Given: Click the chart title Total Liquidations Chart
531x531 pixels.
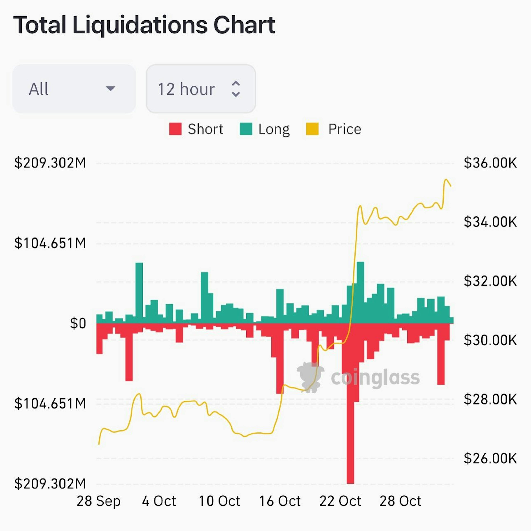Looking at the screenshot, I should click(x=144, y=25).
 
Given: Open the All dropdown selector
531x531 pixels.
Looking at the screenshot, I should click(x=74, y=89).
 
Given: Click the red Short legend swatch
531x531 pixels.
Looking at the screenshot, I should click(x=175, y=129).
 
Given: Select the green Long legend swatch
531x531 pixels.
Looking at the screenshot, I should click(x=246, y=129).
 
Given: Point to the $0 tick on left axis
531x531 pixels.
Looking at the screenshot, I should click(x=78, y=323).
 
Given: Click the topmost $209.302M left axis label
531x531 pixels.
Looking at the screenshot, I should click(x=50, y=163).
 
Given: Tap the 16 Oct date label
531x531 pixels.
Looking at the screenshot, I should click(x=280, y=501).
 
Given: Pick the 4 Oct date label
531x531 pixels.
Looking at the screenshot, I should click(x=159, y=501).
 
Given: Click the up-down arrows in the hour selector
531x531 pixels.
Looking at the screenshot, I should click(x=236, y=89).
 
